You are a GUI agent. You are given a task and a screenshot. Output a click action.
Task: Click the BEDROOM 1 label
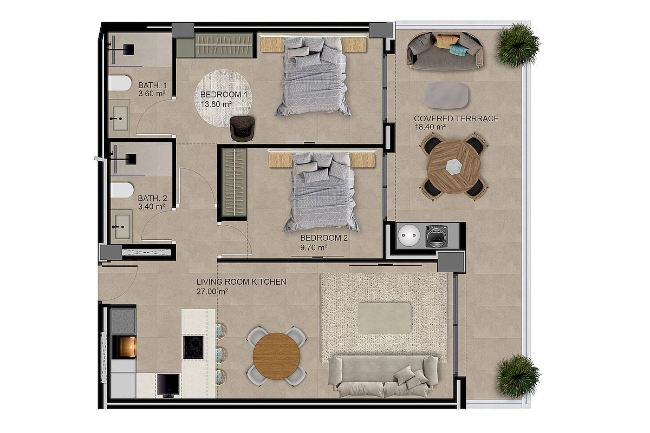pos(224,95)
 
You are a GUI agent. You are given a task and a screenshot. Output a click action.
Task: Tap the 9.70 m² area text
pos(314,248)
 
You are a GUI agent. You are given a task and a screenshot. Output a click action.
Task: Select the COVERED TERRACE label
pos(456,119)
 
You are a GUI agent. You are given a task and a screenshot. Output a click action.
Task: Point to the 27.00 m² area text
pos(212,292)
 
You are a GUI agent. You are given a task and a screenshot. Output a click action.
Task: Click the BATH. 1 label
pos(153,86)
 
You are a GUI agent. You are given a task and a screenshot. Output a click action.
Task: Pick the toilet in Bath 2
pos(122,189)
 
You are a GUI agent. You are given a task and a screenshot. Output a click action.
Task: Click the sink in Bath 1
pos(120,119)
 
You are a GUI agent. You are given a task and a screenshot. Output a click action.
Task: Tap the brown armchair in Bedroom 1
pos(242,128)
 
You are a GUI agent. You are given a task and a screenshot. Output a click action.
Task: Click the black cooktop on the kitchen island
pos(193,347)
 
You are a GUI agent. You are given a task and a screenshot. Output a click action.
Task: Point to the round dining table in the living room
pos(276,356)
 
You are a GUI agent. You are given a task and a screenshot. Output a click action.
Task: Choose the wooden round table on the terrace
pos(454,167)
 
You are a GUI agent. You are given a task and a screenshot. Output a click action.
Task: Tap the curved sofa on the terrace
pos(445,51)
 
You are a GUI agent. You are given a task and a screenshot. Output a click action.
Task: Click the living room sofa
pos(383,376)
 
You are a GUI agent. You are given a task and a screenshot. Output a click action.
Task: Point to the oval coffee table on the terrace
pos(446,95)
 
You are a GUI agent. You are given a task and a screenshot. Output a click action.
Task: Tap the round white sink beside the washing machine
pos(409,235)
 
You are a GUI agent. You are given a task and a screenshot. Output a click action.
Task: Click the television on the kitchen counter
pos(168,385)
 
